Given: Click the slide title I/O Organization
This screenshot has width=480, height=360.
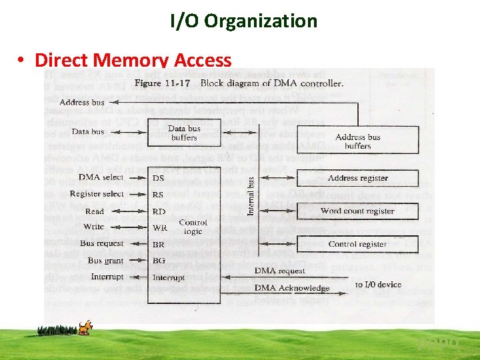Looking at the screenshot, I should pos(243,21).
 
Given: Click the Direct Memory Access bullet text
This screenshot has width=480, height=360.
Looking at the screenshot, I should pos(133,60).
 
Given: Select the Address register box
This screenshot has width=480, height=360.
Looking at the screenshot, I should pos(357,178).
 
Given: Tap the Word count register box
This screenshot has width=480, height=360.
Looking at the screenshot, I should pos(357,211).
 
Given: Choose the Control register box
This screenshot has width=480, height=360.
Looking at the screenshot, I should pos(357,244).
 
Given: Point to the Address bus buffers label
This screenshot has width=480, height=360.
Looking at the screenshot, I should pos(358,141).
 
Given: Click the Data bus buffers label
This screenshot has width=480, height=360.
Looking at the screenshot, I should pos(184,133).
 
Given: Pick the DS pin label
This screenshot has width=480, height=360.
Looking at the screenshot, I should pos(159,178).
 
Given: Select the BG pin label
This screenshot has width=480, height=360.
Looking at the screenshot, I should pos(159,261).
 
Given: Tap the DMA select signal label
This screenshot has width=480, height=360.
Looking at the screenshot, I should pos(101,177).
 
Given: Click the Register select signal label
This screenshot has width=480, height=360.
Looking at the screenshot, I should pos(97,194).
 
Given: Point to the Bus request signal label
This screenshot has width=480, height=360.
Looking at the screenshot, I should pos(101,244).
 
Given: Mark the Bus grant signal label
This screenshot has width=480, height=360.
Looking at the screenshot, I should pos(105,261).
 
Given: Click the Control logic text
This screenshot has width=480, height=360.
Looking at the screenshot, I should pos(193,227).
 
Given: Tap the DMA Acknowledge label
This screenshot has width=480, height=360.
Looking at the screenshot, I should pos(292,288).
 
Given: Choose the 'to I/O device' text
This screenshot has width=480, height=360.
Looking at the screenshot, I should pos(378,285).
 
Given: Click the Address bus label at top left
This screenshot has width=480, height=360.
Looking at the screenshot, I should pos(82,103).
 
